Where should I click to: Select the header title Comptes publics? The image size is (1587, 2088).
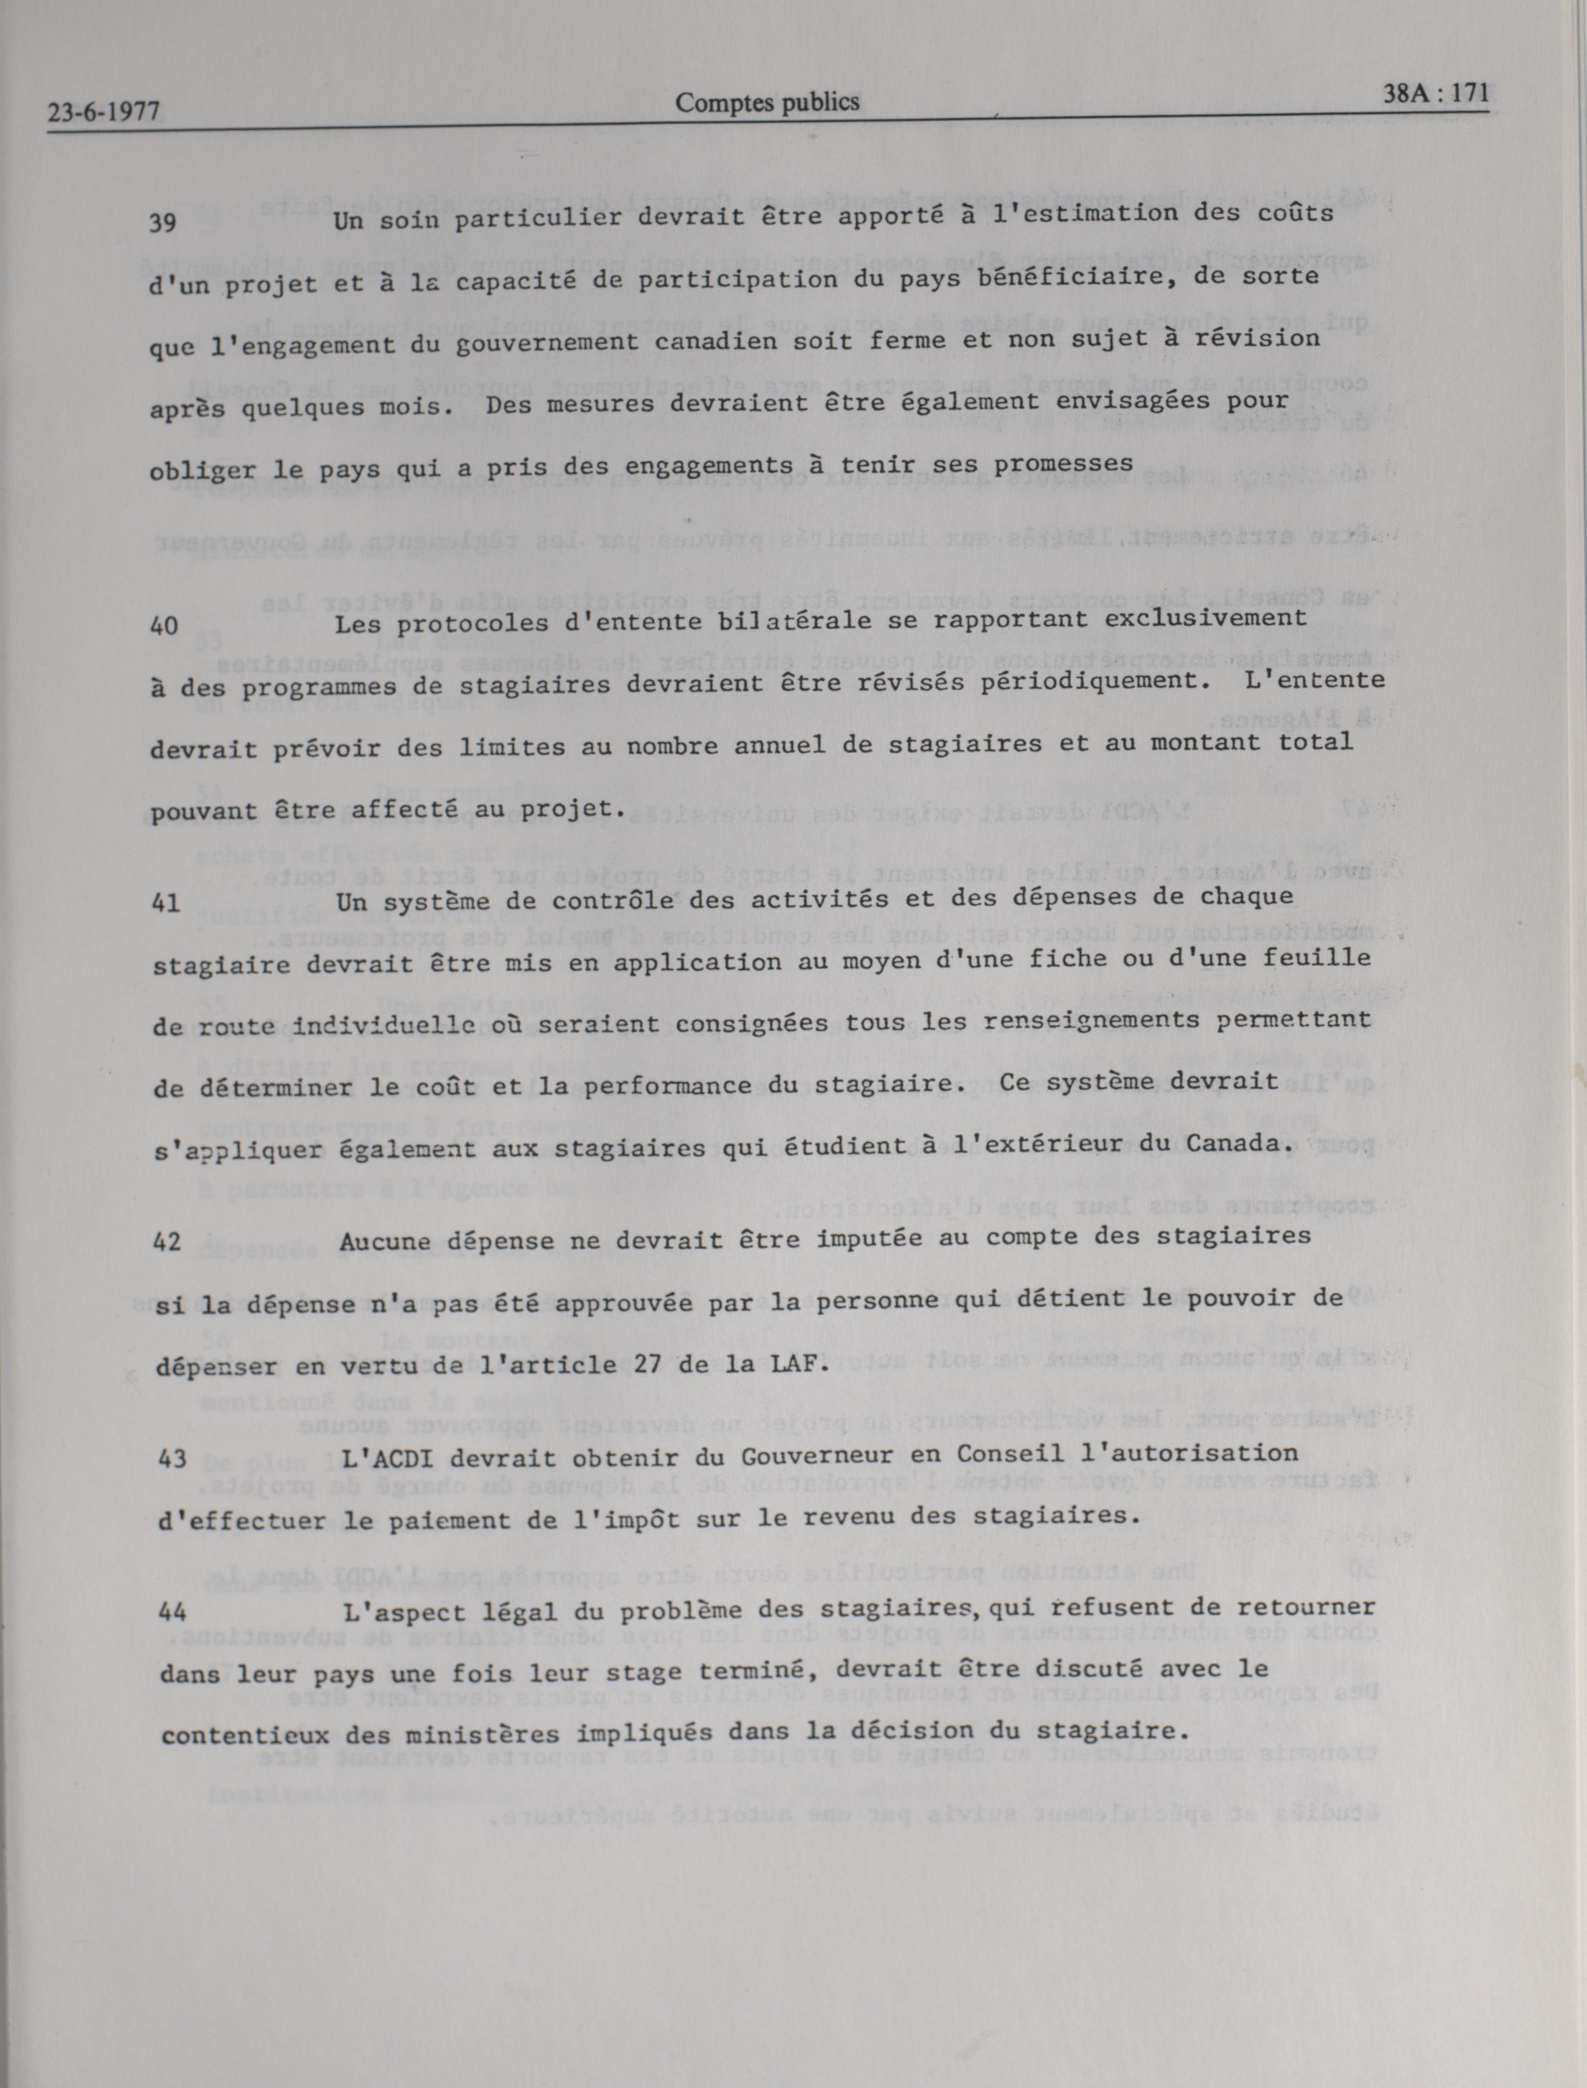pos(767,102)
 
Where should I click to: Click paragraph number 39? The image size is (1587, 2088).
pos(165,223)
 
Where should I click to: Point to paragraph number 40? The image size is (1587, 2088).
pos(165,625)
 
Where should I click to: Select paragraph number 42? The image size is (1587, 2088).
pos(167,1243)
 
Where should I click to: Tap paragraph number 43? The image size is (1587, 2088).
pos(171,1459)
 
